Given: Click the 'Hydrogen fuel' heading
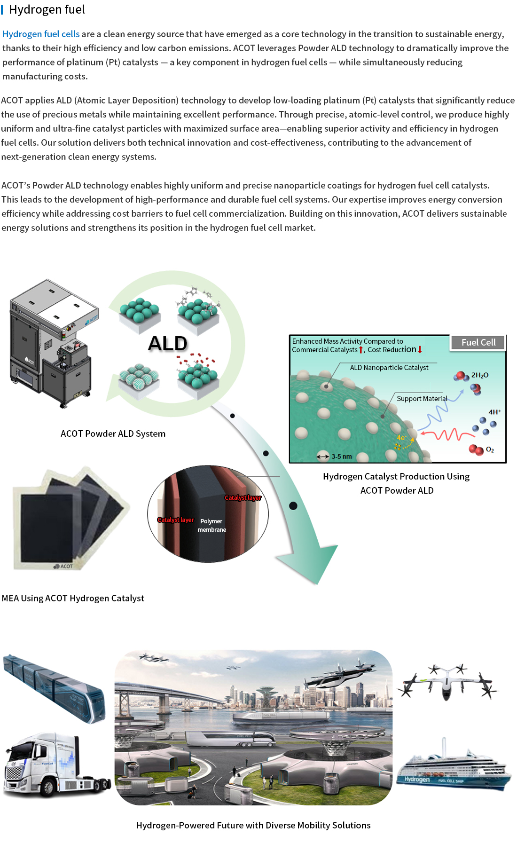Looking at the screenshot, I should pos(47,10).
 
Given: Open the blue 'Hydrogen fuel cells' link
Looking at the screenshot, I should pos(41,34).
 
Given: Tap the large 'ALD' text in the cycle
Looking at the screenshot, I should pos(168,344).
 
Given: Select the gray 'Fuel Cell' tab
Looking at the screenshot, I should pos(478,343).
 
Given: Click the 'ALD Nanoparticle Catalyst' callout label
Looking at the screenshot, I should pos(389,368).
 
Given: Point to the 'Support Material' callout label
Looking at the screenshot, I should pos(422,399).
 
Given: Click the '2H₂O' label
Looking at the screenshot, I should pos(480,375).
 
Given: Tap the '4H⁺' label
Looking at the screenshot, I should pos(494,412).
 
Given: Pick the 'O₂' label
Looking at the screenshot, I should pos(490,450).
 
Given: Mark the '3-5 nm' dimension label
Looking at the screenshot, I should pos(341,457).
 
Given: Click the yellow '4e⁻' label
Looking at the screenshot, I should pos(401,438).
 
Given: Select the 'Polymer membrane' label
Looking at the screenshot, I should pos(211,525).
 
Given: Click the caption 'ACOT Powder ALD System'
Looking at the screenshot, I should pos(113,433).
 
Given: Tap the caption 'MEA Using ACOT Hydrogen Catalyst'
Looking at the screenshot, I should pos(73,598).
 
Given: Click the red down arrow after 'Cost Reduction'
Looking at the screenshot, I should pos(420,350).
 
